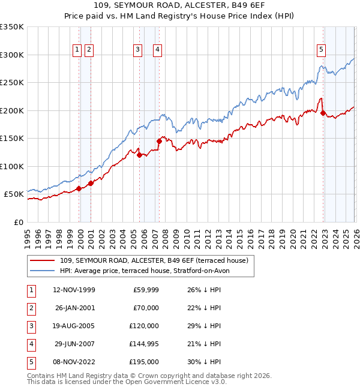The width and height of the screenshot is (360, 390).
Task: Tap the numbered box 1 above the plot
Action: [77, 50]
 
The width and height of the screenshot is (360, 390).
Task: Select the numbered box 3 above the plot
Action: [137, 50]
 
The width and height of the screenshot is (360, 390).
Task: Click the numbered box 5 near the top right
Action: [321, 50]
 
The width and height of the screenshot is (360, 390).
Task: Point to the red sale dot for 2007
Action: [159, 141]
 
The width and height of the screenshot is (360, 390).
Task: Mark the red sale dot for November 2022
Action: [323, 113]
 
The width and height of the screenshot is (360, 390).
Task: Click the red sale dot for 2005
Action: [139, 155]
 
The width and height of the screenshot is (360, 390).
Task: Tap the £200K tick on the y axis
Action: [12, 110]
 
